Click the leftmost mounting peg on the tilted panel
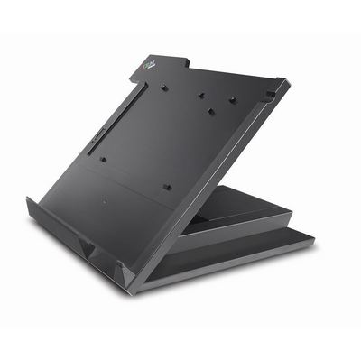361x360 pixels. [103, 160]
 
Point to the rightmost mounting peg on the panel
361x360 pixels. [232, 99]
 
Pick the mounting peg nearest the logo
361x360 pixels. [164, 88]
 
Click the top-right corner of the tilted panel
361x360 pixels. [288, 82]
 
